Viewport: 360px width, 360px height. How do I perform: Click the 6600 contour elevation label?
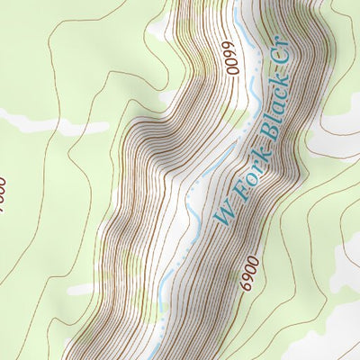(231, 59)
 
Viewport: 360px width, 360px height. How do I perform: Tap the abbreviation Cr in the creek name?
(286, 63)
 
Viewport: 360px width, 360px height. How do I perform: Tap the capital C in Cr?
(284, 69)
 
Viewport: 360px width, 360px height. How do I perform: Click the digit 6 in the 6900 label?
(249, 285)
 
